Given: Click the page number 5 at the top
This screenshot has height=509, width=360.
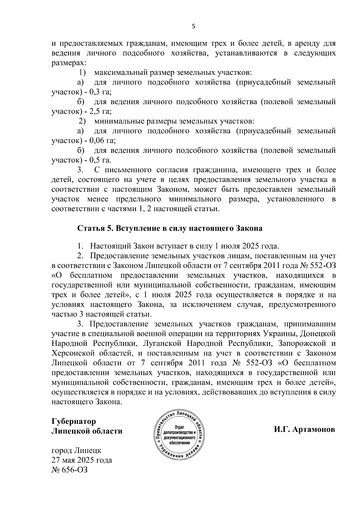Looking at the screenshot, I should (x=193, y=26).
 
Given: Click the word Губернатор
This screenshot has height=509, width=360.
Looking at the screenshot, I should (x=74, y=421).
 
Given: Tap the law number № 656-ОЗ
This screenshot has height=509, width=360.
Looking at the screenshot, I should (x=70, y=469).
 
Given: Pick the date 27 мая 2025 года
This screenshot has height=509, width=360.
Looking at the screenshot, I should (x=82, y=460).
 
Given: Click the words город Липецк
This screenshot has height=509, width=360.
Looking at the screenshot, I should (x=76, y=450).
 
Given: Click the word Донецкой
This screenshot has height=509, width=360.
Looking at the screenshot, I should (x=318, y=334).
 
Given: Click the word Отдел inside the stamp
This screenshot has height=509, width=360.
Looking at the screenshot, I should (x=179, y=427).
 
